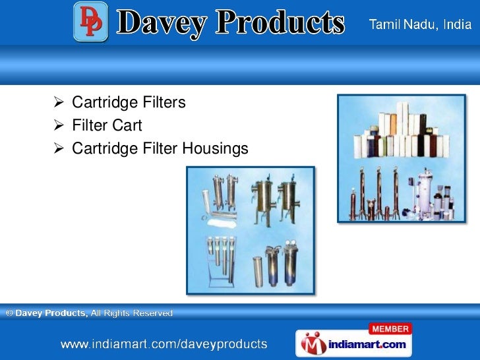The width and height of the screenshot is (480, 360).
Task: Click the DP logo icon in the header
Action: tap(90, 22)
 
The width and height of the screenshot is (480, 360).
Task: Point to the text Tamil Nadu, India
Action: tap(419, 25)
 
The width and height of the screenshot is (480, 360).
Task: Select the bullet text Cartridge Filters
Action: tap(129, 103)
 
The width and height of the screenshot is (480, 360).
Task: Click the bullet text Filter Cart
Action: tap(107, 125)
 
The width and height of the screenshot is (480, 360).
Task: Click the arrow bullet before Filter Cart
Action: tap(57, 125)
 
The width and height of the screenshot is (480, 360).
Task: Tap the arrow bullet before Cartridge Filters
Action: tap(57, 103)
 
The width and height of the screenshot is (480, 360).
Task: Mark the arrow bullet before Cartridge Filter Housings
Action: tap(57, 149)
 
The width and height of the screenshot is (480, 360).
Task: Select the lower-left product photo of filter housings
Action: tap(251, 229)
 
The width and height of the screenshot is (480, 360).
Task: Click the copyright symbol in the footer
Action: tap(9, 314)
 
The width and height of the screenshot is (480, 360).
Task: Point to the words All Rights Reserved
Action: tap(131, 314)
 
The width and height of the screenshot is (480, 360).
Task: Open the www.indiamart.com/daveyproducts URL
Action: tap(164, 344)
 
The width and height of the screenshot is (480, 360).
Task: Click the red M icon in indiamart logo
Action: tap(312, 344)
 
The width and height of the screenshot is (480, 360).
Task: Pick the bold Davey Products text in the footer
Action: tap(51, 314)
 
